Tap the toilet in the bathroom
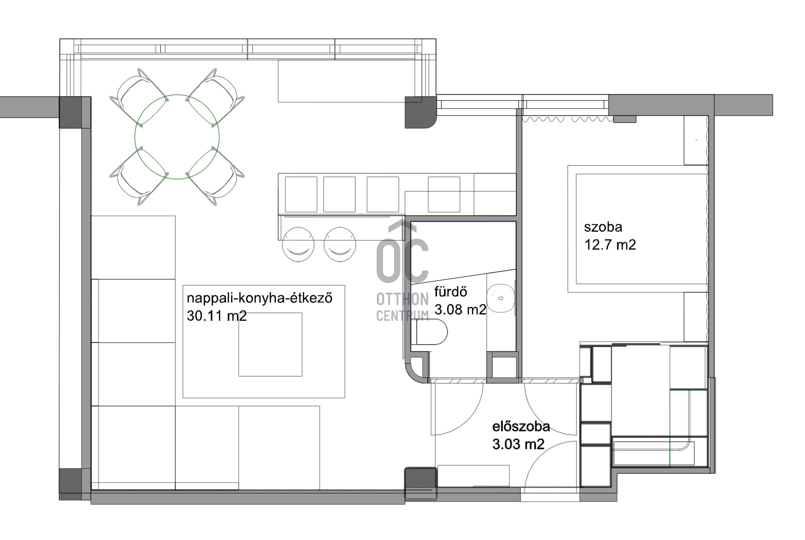tap(432, 332)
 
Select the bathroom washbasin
tap(501, 299)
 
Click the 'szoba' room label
tap(603, 227)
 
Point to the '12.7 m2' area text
tap(610, 245)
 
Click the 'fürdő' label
tap(451, 291)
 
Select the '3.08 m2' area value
tap(460, 309)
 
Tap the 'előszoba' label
tap(521, 426)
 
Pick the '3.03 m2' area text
tap(518, 444)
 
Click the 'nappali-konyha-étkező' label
tap(260, 298)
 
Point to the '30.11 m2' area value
tap(217, 316)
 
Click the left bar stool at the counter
tap(298, 244)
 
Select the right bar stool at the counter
tap(340, 244)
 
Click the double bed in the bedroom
tap(638, 229)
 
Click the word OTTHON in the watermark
tap(402, 299)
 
